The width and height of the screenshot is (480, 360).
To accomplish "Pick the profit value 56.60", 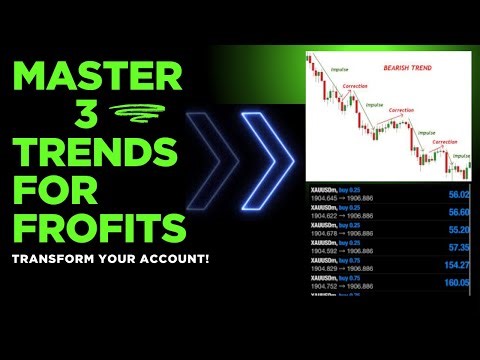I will tap(459, 213).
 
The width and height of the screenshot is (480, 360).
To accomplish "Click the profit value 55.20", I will tap(459, 229).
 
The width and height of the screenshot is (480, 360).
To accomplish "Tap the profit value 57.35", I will tap(459, 246).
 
